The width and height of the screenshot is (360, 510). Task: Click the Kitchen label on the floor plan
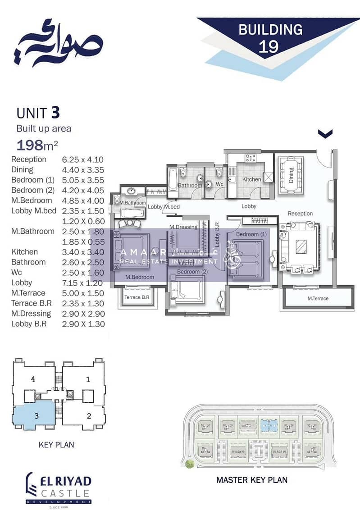click(251, 179)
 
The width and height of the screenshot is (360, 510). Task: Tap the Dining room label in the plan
click(291, 173)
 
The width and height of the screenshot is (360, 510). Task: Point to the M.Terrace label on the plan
click(318, 298)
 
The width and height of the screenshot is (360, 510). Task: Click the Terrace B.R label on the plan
click(137, 297)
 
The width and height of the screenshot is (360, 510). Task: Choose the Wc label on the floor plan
click(219, 185)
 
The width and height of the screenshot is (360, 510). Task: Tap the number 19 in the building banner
click(269, 46)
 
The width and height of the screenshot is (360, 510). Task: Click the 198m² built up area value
click(37, 145)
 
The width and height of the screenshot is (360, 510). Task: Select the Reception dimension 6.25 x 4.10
click(83, 159)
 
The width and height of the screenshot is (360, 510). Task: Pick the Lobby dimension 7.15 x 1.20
click(83, 283)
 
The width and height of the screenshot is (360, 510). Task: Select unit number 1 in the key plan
click(88, 379)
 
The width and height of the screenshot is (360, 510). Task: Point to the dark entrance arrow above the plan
click(325, 133)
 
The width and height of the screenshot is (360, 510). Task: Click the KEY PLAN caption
click(56, 445)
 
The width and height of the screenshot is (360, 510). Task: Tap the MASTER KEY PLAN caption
click(252, 480)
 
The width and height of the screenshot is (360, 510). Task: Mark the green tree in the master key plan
click(189, 464)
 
